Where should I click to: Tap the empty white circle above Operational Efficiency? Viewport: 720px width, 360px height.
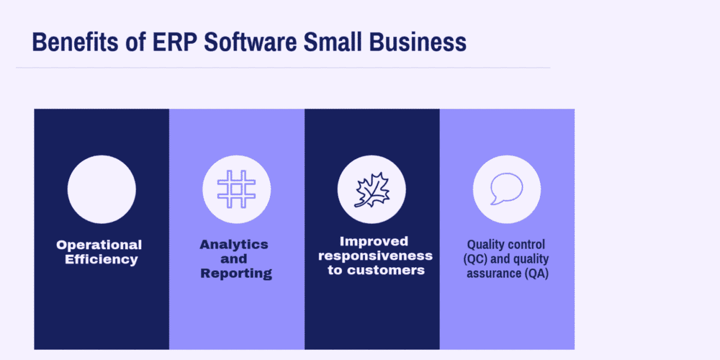(101, 189)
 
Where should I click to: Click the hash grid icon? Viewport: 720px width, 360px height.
(236, 189)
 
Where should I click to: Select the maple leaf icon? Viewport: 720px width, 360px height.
(372, 190)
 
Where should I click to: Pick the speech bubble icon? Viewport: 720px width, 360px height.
(506, 189)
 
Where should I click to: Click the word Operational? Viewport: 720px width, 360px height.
(99, 245)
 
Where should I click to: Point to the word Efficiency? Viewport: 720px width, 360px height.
(101, 260)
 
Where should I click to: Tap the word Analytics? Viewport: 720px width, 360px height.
(234, 245)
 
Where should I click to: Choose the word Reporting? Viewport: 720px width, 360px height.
(236, 274)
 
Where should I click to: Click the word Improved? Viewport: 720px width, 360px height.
(373, 241)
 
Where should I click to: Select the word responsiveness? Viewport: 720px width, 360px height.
(375, 256)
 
